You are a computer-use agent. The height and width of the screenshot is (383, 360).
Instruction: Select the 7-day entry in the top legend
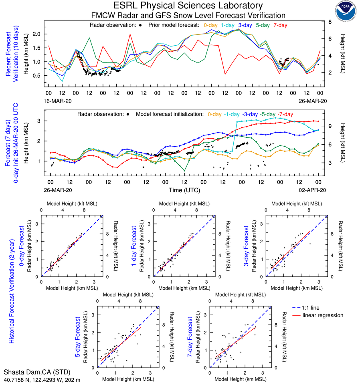281,25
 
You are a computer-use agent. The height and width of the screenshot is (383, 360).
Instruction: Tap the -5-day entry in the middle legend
268,114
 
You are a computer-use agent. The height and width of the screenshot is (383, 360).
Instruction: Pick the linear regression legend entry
323,315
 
